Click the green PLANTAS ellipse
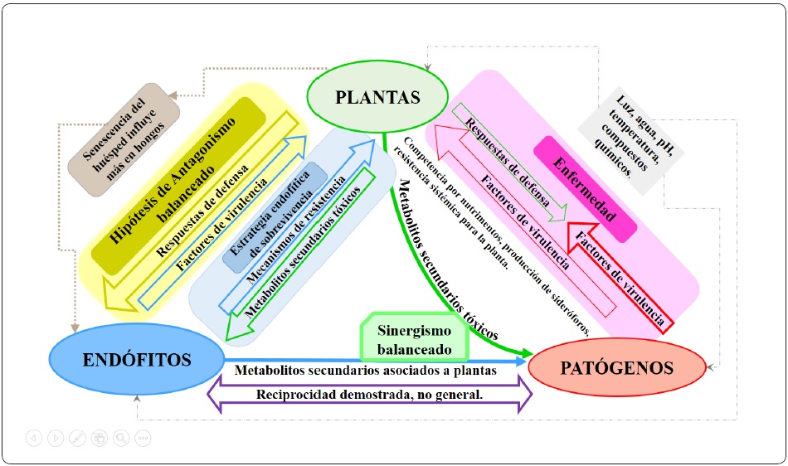[377, 97]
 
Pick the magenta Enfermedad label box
[586, 190]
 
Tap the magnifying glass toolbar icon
[121, 438]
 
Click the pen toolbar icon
[77, 438]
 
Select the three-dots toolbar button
[143, 438]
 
